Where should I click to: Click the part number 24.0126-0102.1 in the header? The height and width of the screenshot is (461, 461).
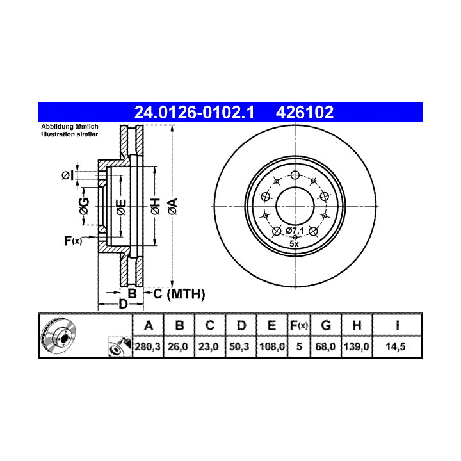(x=194, y=112)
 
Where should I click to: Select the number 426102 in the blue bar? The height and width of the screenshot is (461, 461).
(x=305, y=112)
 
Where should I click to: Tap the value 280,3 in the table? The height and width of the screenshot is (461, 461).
(x=148, y=346)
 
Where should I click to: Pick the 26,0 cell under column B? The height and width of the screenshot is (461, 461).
(x=178, y=346)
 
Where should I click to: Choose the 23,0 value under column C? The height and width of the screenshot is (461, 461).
(x=209, y=346)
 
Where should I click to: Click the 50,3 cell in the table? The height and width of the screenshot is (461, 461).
(x=239, y=346)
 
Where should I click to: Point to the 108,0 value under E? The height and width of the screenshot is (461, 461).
(x=272, y=346)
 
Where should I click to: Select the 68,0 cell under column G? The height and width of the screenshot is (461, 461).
(x=325, y=346)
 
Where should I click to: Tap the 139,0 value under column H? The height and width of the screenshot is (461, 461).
(x=357, y=346)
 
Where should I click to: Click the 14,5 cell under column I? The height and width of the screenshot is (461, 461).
(x=396, y=346)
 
